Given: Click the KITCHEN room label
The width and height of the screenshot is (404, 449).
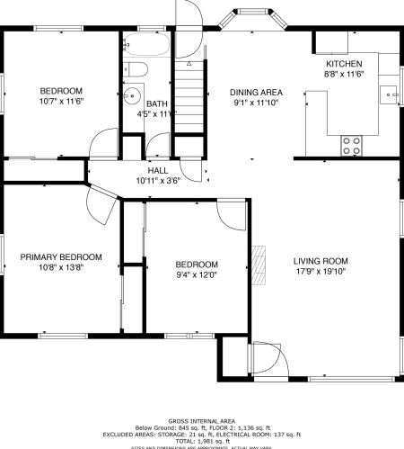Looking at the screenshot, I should pos(343,64).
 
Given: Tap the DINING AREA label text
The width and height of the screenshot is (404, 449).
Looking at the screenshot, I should pos(257,92).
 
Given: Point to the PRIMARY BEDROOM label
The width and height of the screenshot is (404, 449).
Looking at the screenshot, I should pos(61,256).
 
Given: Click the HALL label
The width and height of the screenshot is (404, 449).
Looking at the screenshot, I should pos(157,169).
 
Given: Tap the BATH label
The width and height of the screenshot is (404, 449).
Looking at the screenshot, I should pos(158,103).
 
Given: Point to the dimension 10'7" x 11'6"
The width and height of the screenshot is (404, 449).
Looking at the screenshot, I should pos(61,103).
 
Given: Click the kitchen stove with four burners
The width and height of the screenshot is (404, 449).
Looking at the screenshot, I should pos(351,143).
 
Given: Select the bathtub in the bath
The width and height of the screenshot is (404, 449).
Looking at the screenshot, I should pos(147,43).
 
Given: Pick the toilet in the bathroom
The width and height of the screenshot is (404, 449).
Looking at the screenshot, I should pos(137,68).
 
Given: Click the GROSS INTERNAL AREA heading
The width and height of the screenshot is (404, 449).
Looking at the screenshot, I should pos(201,420).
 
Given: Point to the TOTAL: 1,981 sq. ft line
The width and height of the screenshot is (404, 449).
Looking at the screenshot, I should pos(201,441).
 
